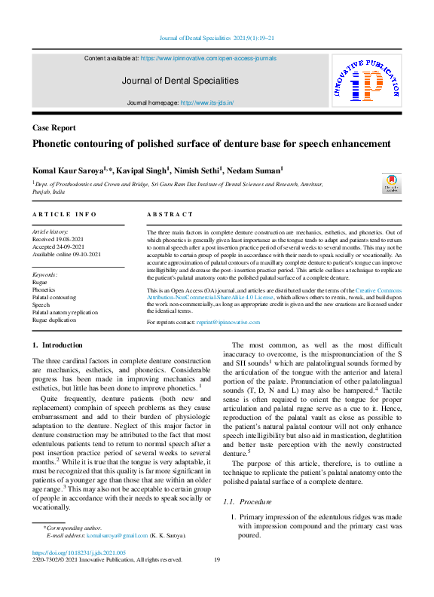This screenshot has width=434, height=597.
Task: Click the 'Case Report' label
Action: tap(53, 128)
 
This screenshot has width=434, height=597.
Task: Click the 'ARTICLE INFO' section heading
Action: tap(64, 215)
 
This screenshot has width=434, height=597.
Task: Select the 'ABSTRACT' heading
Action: tap(170, 215)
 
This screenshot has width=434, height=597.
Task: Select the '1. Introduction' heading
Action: tap(57, 344)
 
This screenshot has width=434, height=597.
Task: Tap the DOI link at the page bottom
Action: tap(68, 553)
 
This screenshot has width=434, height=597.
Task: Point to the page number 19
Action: tap(216, 559)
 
